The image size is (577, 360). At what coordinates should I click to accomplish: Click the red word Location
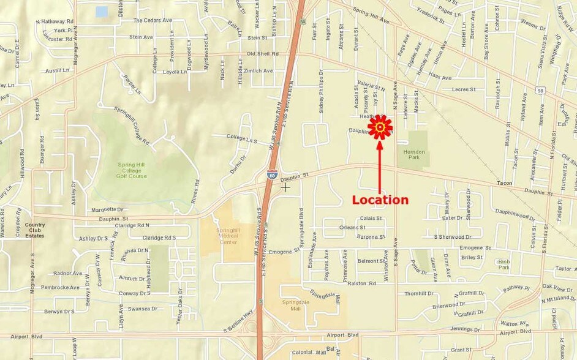point(380,200)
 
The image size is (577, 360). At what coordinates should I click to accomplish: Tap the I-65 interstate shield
point(271,174)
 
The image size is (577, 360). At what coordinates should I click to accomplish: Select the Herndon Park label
point(415,154)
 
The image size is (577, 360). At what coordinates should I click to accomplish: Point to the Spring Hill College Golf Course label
point(132,170)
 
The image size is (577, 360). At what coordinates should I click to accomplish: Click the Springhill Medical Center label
point(227,236)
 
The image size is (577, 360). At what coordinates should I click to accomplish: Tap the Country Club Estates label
point(34,230)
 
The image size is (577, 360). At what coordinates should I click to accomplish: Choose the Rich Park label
point(503,264)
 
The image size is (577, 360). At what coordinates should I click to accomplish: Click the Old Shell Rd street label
point(263,54)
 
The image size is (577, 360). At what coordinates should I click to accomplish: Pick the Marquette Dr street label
point(107,209)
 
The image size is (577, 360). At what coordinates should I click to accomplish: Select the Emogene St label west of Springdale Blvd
point(284,250)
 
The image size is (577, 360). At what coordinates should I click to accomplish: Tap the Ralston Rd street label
point(361,283)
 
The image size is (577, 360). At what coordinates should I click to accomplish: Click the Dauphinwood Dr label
point(515,214)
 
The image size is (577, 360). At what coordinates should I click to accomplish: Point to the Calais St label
point(371,218)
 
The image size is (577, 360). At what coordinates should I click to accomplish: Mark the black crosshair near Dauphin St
point(285,187)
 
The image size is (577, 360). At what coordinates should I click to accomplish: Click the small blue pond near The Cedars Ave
point(102,11)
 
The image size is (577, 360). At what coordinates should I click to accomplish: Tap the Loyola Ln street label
point(175,72)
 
